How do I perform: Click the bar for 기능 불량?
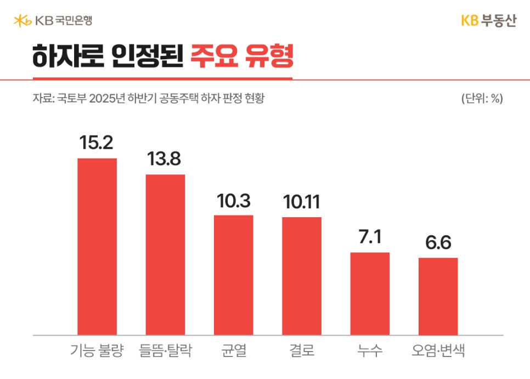click(x=97, y=246)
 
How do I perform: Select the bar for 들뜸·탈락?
click(x=165, y=254)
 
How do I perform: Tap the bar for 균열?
click(x=233, y=275)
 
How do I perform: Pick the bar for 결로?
click(x=302, y=276)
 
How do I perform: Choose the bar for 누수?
click(x=370, y=293)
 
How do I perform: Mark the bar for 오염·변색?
click(x=438, y=296)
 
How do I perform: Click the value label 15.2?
click(x=97, y=143)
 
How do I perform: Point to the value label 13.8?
click(x=165, y=160)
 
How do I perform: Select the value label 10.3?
click(x=233, y=201)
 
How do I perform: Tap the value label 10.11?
click(x=302, y=202)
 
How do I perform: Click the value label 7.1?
click(x=370, y=238)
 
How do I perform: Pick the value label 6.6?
click(x=438, y=243)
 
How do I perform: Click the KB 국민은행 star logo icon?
click(x=22, y=21)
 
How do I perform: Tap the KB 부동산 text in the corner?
click(x=488, y=21)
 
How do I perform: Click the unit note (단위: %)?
click(x=482, y=99)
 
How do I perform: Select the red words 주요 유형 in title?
click(x=241, y=57)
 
